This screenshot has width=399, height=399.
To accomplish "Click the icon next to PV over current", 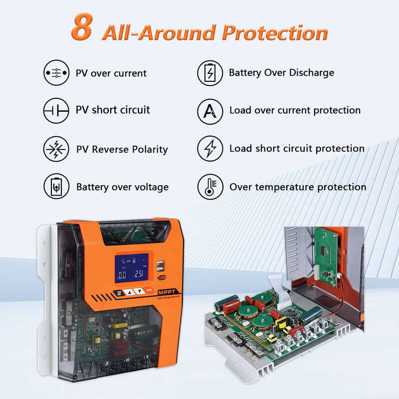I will tap(56, 73).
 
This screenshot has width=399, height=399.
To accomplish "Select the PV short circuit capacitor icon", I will tap(56, 110).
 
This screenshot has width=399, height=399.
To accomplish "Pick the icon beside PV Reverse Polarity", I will tap(56, 149).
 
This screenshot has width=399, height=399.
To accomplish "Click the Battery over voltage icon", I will tap(56, 187).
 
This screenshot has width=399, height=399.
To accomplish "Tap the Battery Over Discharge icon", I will tap(210, 73).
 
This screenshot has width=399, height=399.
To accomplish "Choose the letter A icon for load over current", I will tap(210, 110).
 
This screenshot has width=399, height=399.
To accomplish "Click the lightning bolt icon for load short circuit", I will tap(210, 149).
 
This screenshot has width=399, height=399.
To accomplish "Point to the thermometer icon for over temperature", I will tap(210, 187).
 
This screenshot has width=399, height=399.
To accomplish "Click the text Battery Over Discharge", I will tap(281, 73).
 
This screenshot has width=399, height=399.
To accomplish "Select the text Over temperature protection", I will tap(298, 187).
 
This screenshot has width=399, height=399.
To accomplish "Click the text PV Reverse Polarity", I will tap(122, 149).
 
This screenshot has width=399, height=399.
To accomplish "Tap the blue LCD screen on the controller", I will tap(131, 268).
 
